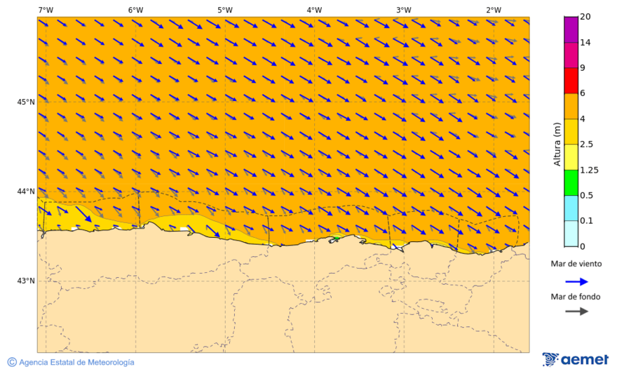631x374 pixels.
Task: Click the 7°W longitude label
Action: point(46,10)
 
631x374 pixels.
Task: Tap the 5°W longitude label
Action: point(224,10)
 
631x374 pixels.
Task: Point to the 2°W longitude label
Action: point(493,10)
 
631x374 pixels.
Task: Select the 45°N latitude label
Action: point(26,102)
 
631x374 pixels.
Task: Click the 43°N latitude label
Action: point(26,281)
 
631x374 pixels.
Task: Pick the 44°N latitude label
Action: point(26,191)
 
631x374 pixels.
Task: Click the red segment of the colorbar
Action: point(571,80)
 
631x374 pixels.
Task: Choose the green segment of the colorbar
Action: point(571,182)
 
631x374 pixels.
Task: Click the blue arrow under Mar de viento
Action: point(576,281)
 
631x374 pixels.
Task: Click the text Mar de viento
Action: point(576,264)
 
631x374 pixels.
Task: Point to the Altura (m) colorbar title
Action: point(557,143)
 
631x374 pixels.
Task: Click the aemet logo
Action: point(576,360)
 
